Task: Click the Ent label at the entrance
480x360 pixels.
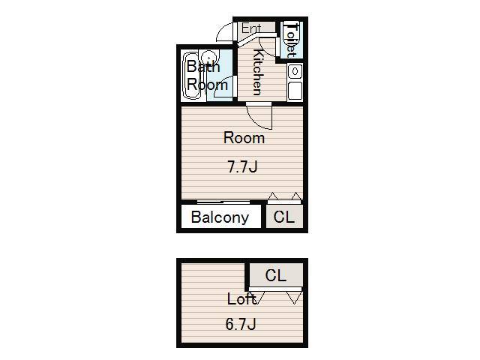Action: pyautogui.click(x=251, y=28)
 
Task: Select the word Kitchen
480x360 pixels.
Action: pyautogui.click(x=258, y=72)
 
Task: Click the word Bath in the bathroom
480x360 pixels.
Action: pyautogui.click(x=203, y=67)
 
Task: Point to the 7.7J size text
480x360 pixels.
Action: pyautogui.click(x=242, y=167)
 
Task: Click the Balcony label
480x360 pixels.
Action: pyautogui.click(x=220, y=217)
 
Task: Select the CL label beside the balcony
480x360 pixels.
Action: pyautogui.click(x=283, y=217)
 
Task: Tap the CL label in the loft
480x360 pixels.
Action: pyautogui.click(x=276, y=275)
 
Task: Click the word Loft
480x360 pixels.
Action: pyautogui.click(x=241, y=298)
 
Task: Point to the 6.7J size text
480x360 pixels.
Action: pyautogui.click(x=241, y=324)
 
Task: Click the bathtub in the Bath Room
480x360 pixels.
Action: pyautogui.click(x=192, y=76)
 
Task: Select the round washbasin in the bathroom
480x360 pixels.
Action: pyautogui.click(x=208, y=58)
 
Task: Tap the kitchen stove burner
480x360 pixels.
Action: pyautogui.click(x=295, y=72)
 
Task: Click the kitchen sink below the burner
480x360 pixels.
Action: pyautogui.click(x=295, y=91)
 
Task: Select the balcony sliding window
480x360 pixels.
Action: pyautogui.click(x=223, y=202)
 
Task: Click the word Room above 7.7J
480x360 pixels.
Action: pyautogui.click(x=244, y=138)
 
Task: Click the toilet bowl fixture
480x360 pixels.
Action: pyautogui.click(x=290, y=38)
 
